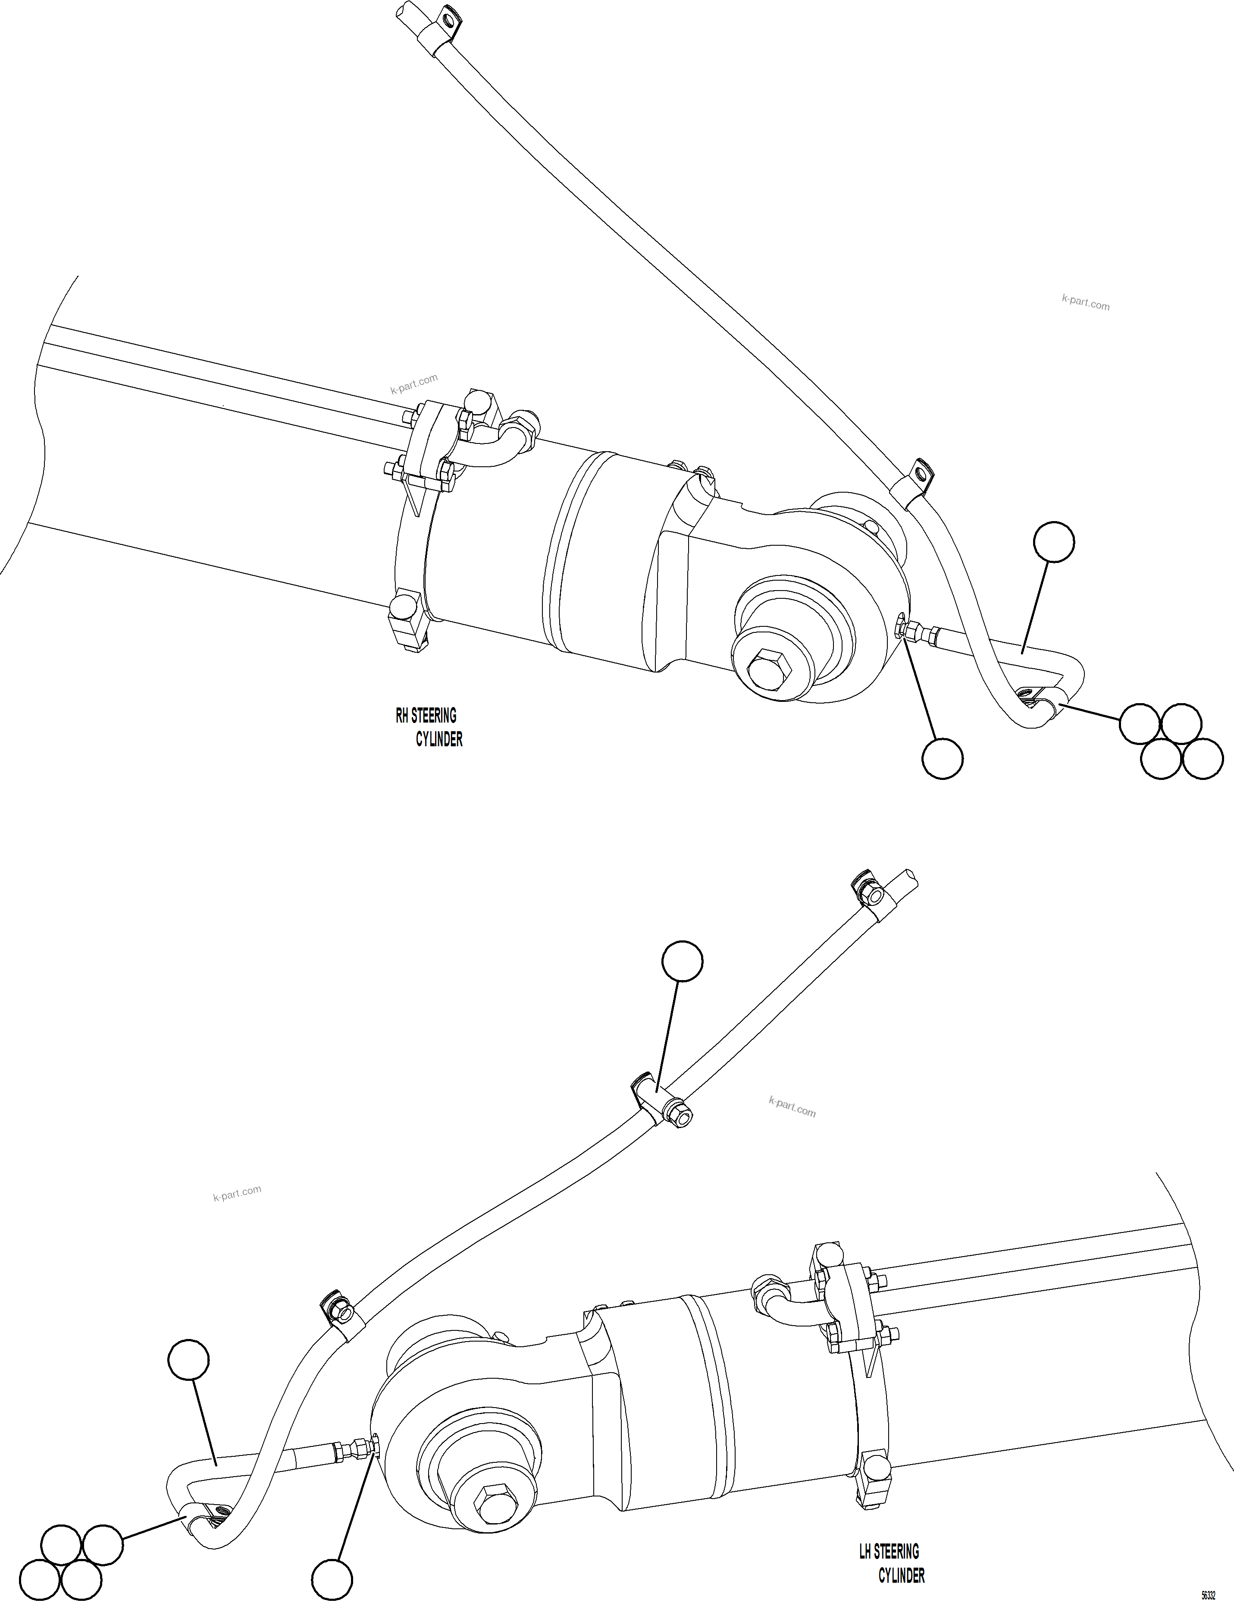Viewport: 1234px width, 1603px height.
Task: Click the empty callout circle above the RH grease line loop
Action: (1053, 542)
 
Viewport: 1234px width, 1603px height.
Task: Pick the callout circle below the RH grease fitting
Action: (942, 759)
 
